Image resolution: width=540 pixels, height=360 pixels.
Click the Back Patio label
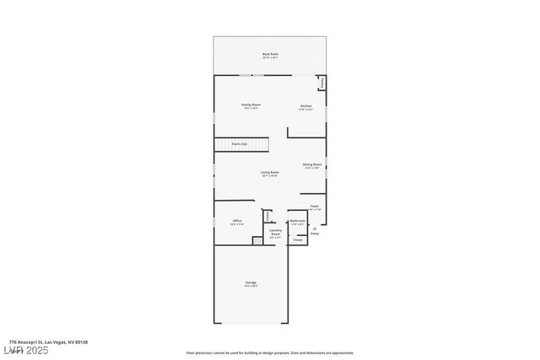point(269,55)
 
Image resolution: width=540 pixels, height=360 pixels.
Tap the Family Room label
point(251,106)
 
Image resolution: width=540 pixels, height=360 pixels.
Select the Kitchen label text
point(306,106)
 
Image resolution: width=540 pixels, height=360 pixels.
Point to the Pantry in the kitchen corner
point(321,82)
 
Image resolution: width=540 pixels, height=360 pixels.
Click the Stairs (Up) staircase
point(240,144)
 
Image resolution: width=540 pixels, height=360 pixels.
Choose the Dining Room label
point(313,165)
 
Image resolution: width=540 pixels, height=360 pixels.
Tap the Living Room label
point(269,173)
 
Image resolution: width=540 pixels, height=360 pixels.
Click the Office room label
point(237,222)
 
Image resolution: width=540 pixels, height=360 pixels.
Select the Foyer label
point(314,207)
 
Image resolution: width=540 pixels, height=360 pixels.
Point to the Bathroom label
point(297,223)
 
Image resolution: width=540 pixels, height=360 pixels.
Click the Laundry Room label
point(275,233)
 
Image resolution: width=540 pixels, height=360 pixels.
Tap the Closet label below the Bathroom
point(297,240)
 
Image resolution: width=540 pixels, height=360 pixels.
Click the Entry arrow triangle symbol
point(314,228)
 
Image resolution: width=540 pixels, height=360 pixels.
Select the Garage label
point(251,283)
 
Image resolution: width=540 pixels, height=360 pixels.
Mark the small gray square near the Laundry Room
point(258,241)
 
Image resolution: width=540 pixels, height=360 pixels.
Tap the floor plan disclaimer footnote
point(269,353)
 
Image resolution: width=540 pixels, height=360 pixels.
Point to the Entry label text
point(314,234)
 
